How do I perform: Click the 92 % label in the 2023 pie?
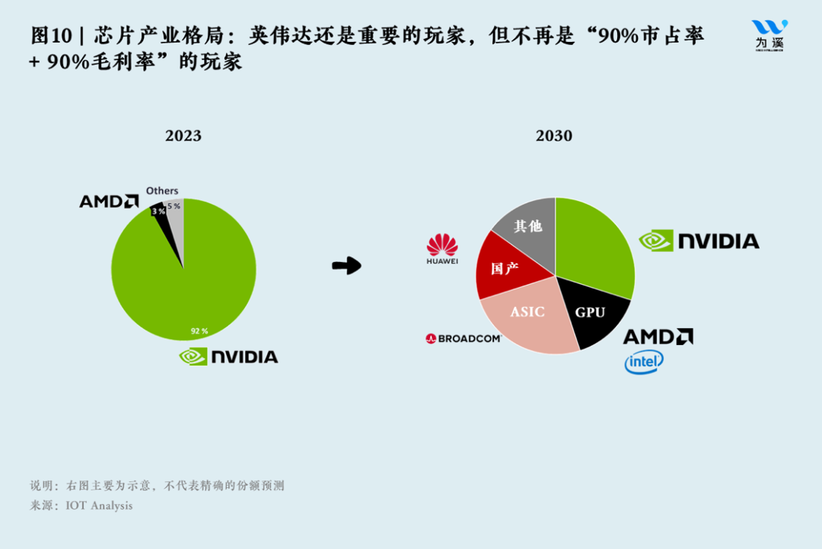pyautogui.click(x=199, y=331)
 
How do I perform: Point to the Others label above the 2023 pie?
pyautogui.click(x=162, y=190)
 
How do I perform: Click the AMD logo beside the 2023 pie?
pyautogui.click(x=109, y=201)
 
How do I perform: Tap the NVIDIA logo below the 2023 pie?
pyautogui.click(x=228, y=356)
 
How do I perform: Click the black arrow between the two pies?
pyautogui.click(x=346, y=266)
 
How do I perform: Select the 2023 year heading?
pyautogui.click(x=183, y=136)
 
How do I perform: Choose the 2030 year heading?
pyautogui.click(x=553, y=136)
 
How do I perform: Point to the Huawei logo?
pyautogui.click(x=442, y=249)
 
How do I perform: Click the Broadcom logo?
pyautogui.click(x=464, y=338)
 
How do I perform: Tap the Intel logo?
pyautogui.click(x=644, y=362)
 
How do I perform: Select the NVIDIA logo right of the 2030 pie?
pyautogui.click(x=699, y=241)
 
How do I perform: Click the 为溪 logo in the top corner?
pyautogui.click(x=769, y=34)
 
